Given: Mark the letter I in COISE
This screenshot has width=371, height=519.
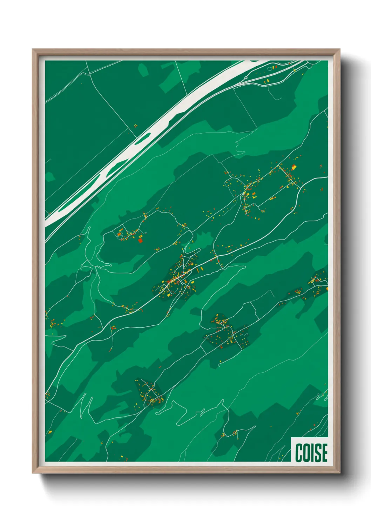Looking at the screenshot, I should pyautogui.click(x=312, y=452).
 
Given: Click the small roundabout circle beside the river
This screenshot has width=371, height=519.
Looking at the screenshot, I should pyautogui.click(x=246, y=78).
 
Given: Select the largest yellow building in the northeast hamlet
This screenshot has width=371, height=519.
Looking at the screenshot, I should pyautogui.click(x=294, y=167).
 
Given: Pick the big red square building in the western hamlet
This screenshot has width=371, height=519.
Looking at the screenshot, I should pyautogui.click(x=141, y=240).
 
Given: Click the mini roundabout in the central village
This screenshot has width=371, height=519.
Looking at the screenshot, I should pyautogui.click(x=183, y=276).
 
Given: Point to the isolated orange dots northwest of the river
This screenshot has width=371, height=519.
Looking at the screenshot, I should pyautogui.click(x=135, y=126).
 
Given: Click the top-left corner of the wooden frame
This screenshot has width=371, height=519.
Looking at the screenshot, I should pyautogui.click(x=33, y=49).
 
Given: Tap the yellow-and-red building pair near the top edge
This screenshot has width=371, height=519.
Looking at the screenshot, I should pyautogui.click(x=275, y=67).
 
